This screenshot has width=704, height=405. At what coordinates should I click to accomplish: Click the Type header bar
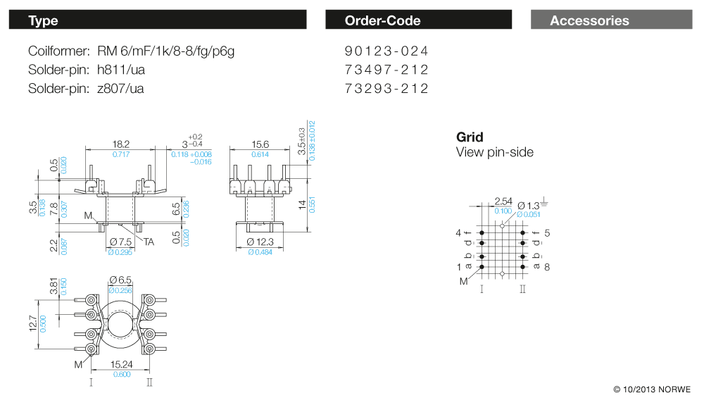click(x=157, y=20)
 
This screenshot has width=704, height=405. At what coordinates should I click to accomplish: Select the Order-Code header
click(x=418, y=20)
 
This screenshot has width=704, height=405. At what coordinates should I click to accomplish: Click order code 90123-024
click(x=386, y=51)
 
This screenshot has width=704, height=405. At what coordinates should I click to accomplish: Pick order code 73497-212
click(x=386, y=70)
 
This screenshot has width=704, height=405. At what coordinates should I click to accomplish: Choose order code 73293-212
click(x=386, y=88)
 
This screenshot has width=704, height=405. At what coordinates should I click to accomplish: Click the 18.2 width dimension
click(x=121, y=144)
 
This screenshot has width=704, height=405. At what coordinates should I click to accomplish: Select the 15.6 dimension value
click(x=260, y=144)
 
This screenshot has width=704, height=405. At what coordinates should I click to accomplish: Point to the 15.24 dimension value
click(x=121, y=365)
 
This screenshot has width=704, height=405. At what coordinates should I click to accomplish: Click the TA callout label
click(x=149, y=241)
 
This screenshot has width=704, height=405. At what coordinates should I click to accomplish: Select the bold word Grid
click(x=470, y=137)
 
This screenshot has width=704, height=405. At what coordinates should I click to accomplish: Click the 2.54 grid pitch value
click(x=503, y=201)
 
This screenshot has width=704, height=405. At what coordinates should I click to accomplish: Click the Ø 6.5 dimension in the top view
click(x=120, y=280)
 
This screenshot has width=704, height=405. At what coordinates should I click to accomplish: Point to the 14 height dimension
click(x=301, y=204)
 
